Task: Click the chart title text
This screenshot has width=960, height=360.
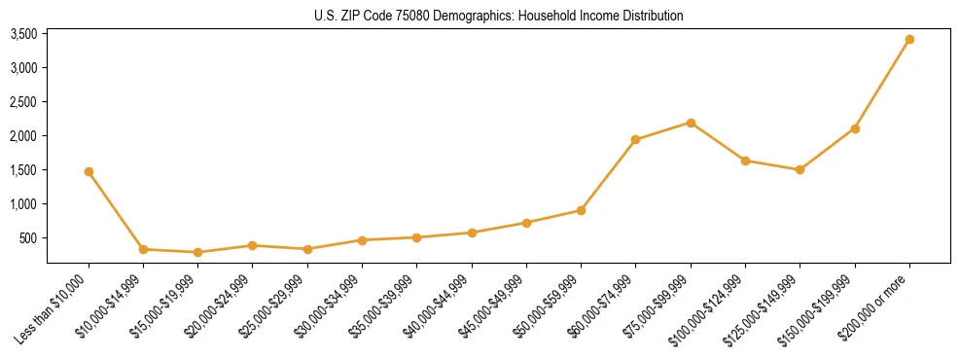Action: pos(498,17)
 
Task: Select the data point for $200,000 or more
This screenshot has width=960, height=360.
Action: pos(909,40)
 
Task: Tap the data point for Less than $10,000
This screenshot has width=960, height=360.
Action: pos(89,171)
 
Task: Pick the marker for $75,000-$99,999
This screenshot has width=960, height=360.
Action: pos(691,123)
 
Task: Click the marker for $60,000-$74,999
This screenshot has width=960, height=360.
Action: pos(635,139)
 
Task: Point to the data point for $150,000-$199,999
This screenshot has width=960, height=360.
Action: pos(855,128)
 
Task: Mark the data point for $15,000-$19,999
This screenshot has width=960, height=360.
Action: pos(198,252)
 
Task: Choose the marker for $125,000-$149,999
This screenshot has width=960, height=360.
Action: pos(800,169)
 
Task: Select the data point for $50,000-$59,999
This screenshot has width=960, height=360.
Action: pos(581,210)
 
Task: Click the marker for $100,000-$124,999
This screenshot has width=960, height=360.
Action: pos(745,161)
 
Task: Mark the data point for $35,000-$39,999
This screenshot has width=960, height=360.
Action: pos(416,237)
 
